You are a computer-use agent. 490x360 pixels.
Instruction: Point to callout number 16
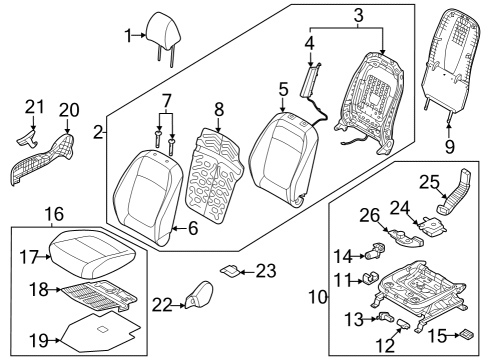[x=53, y=213]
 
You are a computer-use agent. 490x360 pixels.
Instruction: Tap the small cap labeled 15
[x=466, y=335]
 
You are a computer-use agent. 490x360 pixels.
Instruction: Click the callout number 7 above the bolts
[x=166, y=102]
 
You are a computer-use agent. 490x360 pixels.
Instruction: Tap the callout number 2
[x=98, y=132]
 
